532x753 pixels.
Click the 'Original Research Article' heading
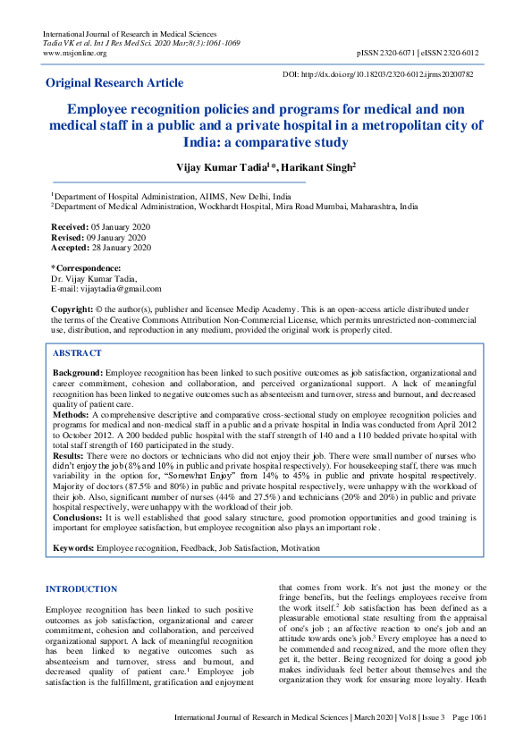coord(114,83)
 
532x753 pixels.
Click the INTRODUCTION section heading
coord(80,589)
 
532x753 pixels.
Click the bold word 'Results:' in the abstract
coord(69,456)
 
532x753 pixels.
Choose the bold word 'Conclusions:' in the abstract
coord(78,519)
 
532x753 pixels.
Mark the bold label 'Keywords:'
coord(73,546)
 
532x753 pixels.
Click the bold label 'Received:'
coord(68,228)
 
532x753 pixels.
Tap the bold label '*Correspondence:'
coord(86,268)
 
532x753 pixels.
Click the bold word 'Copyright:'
coord(72,309)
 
